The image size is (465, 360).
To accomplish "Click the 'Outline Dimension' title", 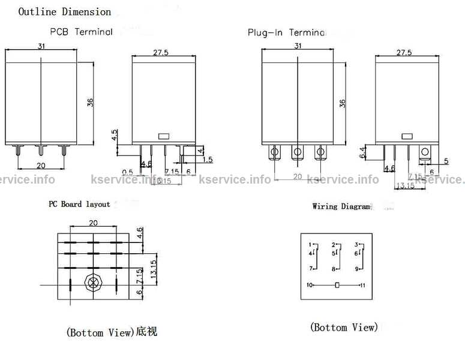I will pos(65,11).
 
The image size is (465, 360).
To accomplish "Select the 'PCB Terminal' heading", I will pos(81,32).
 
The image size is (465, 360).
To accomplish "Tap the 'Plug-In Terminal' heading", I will pos(287,32).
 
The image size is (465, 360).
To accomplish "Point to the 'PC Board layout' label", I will pos(79,204).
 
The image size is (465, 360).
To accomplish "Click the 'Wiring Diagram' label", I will pos(341,206).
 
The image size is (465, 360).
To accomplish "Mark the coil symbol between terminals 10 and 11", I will pos(337,285).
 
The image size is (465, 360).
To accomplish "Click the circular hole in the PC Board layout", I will pos(92,283).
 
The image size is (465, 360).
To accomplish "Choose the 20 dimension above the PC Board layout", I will pos(93,222).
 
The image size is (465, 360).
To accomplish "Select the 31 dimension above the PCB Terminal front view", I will pos(40,47).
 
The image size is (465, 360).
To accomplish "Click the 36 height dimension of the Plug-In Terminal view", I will pos(343,103).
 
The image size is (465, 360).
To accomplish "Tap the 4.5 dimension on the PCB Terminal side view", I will pos(115,134).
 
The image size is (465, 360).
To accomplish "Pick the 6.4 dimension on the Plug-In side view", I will pos(362,152).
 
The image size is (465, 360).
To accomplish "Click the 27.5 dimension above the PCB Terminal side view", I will pos(160,53).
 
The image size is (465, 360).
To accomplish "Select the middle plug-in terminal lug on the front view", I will pos(298,153).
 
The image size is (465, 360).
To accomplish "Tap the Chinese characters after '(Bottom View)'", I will pos(147,331).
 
